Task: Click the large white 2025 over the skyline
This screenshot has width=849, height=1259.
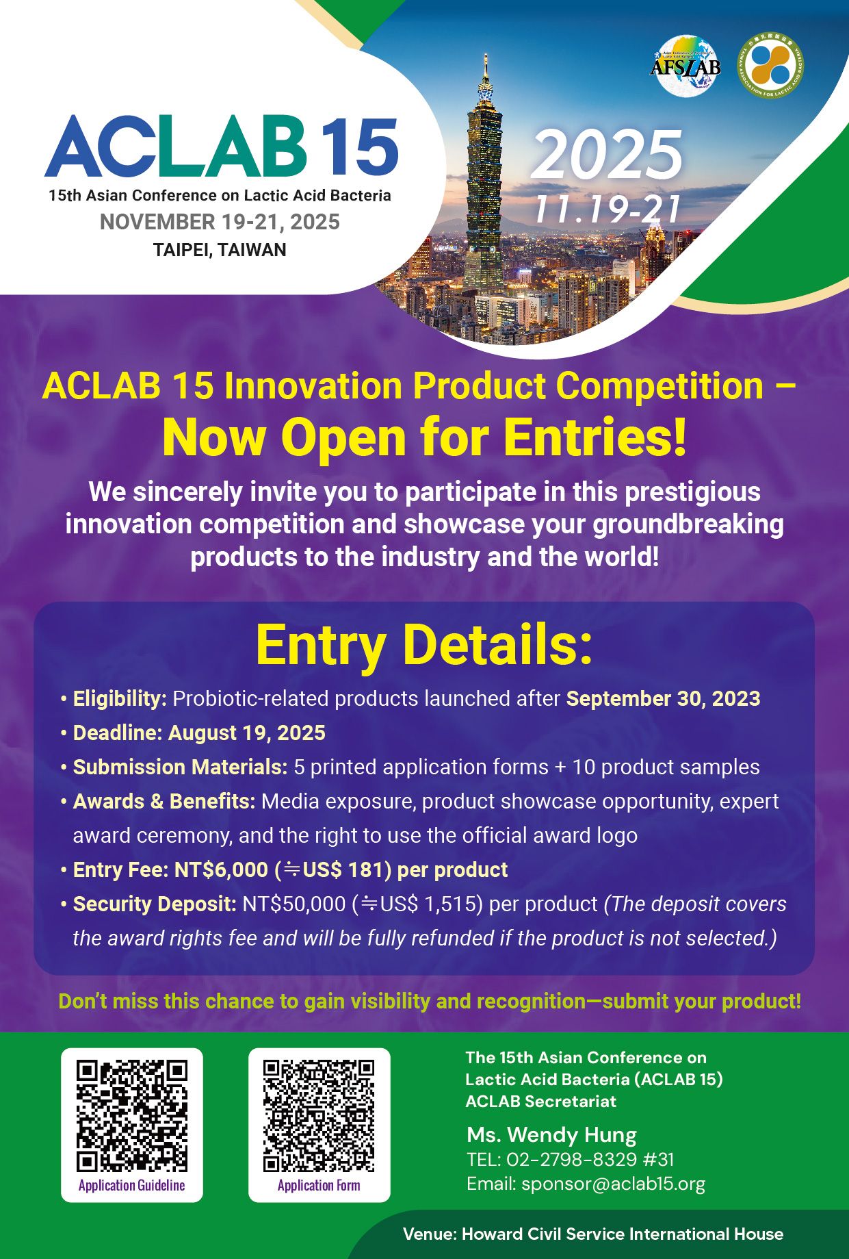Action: (606, 154)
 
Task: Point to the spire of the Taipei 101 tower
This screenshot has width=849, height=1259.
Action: (486, 65)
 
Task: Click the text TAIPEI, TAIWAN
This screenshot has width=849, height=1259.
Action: (220, 250)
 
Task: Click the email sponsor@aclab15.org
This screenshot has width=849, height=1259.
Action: (613, 1184)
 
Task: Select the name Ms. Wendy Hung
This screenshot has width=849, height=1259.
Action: (551, 1135)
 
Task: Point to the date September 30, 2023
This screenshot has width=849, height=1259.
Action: (663, 698)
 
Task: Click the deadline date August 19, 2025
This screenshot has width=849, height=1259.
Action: (247, 733)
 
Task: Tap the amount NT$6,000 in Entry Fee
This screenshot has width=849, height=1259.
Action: (221, 869)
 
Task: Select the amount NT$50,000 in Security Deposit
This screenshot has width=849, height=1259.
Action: (294, 904)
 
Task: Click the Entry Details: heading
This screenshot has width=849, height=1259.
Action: (424, 645)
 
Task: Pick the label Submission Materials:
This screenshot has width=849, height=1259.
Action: (181, 767)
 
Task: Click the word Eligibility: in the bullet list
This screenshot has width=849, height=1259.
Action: (120, 698)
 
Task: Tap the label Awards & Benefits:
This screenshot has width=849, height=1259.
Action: (164, 801)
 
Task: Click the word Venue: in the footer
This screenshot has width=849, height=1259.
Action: (430, 1234)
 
